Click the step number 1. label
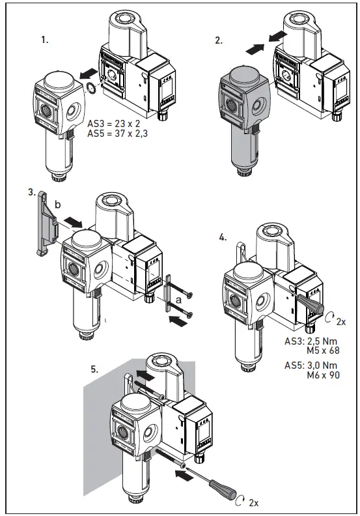45,40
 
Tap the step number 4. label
223,238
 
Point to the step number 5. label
94,369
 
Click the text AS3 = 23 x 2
115,122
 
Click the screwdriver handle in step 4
311,306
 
